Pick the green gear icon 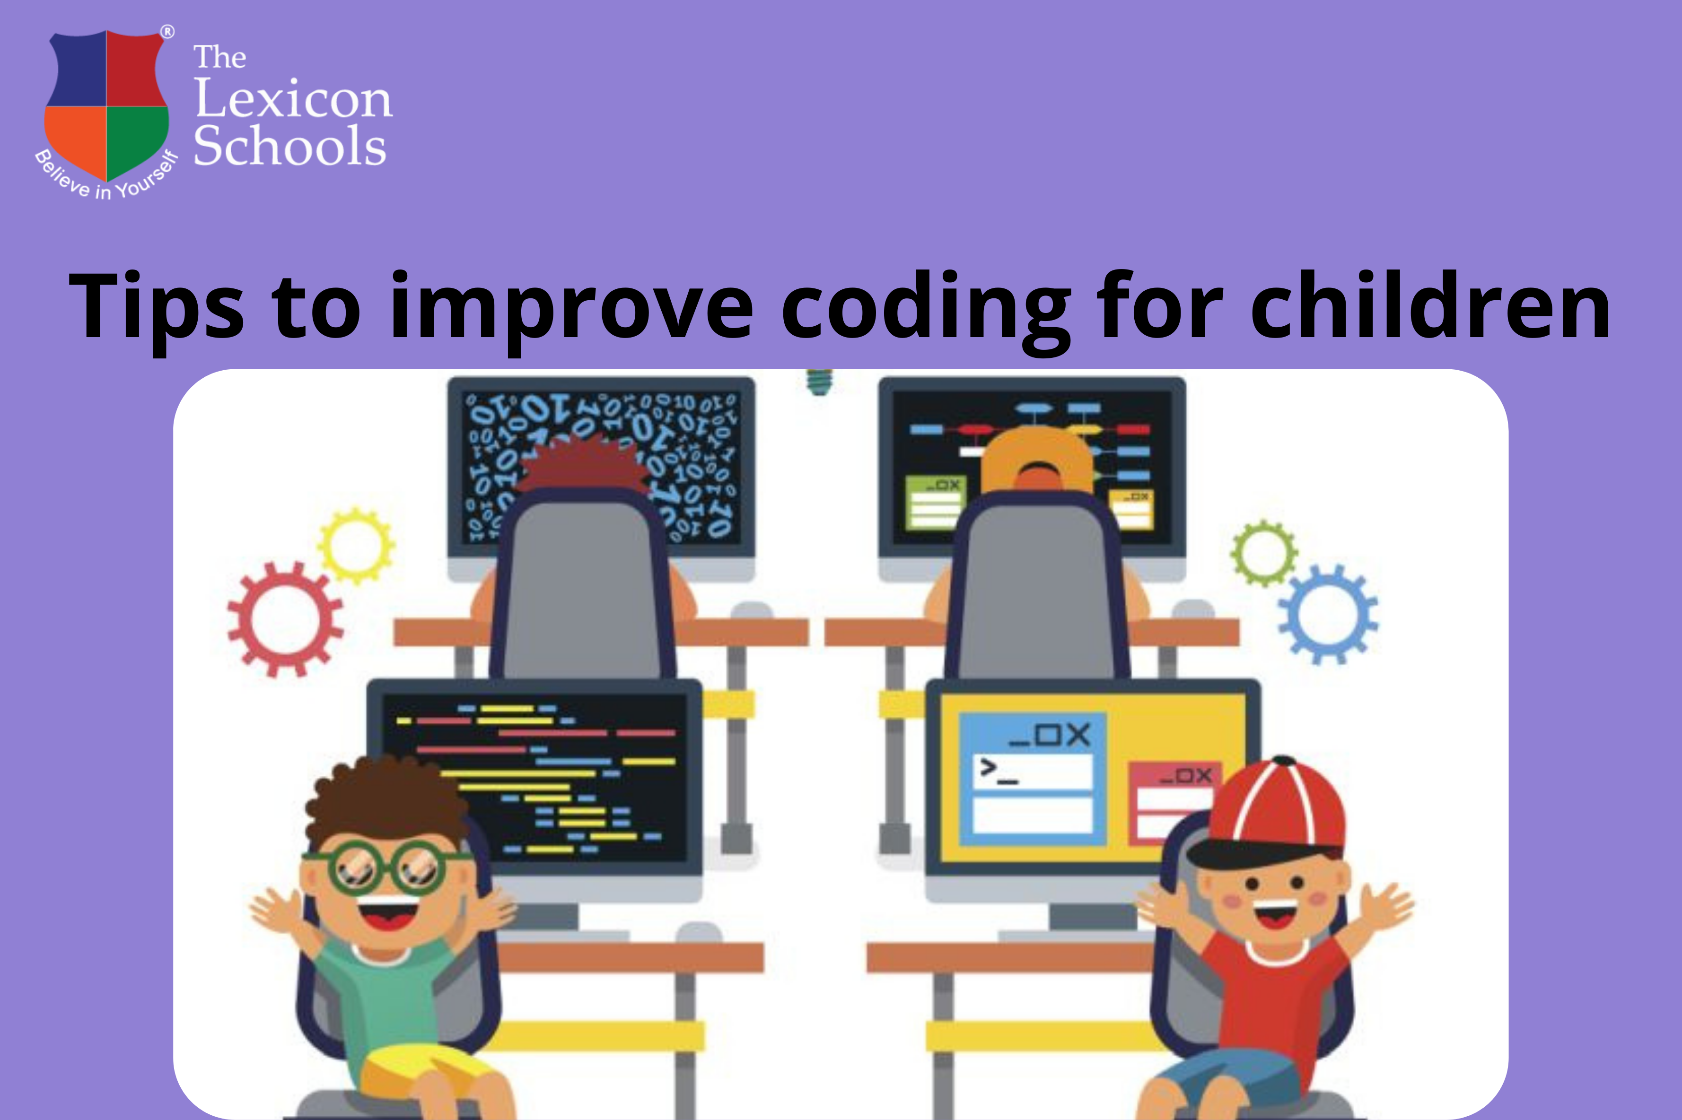tap(1263, 554)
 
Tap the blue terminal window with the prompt tap(1033, 779)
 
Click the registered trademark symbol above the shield tap(166, 31)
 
